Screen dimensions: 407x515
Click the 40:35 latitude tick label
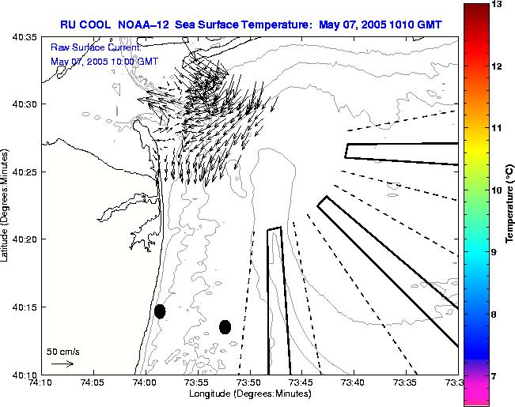[26, 37]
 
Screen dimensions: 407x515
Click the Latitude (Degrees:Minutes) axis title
[6, 205]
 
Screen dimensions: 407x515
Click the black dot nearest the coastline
[160, 311]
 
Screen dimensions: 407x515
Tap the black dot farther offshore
[225, 326]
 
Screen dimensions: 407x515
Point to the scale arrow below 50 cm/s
[62, 364]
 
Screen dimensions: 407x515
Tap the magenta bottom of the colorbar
[475, 398]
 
